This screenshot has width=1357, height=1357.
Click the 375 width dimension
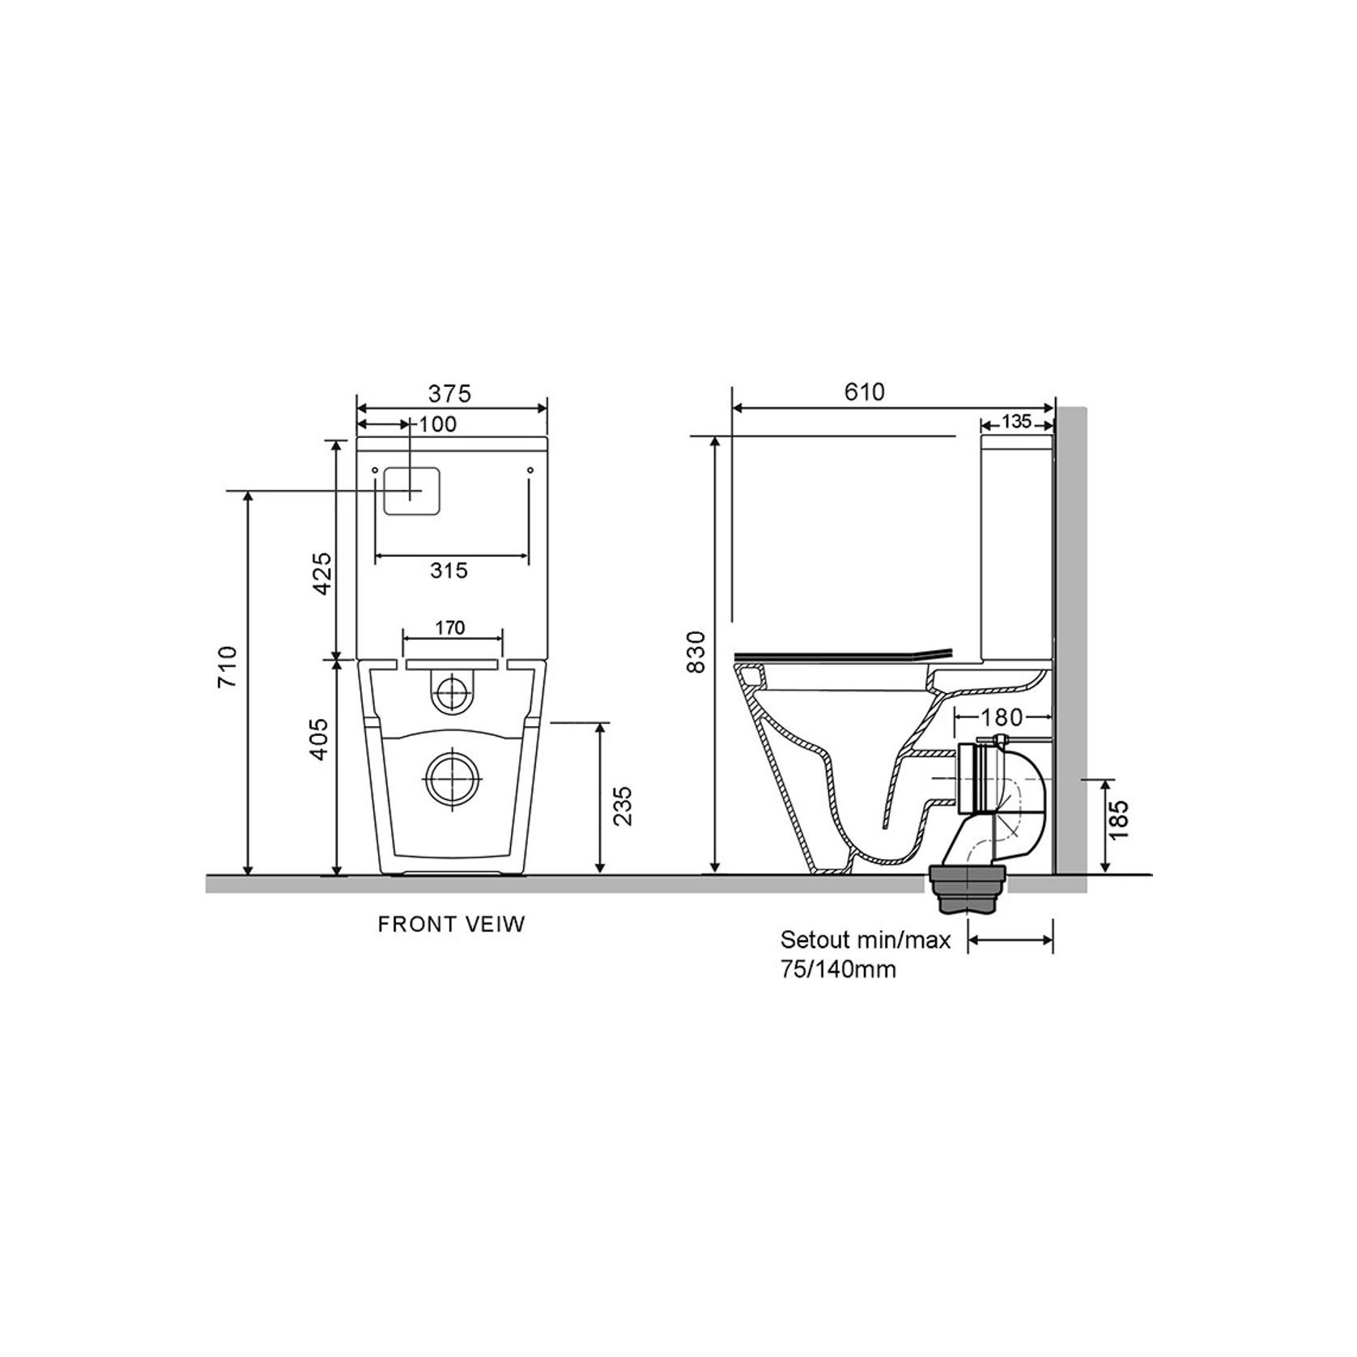coord(449,393)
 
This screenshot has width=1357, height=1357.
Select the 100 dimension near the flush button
coord(439,424)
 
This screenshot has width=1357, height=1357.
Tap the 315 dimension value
coord(449,570)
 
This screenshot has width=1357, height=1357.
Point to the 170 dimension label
coord(450,627)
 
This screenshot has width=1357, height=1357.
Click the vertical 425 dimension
coord(323,573)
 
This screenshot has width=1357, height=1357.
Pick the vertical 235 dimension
coord(622,806)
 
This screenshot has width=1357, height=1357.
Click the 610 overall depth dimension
coord(865,392)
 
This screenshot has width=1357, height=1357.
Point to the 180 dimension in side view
coord(1002,717)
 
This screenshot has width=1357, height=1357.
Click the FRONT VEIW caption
coord(452,924)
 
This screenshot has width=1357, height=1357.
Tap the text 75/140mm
coord(838,969)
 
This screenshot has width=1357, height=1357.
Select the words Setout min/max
coord(865,940)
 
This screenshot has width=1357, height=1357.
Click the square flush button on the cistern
coord(411,491)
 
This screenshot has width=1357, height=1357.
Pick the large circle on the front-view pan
coord(451,779)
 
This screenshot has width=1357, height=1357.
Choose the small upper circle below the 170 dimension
coord(451,693)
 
